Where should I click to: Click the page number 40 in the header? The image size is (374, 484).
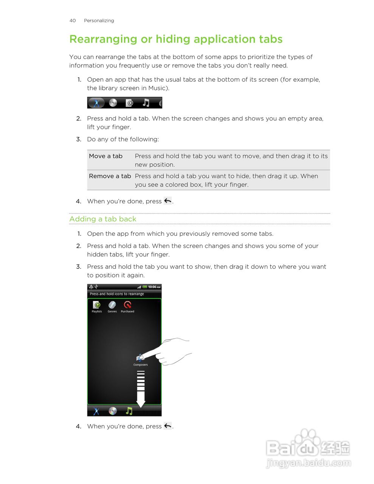[x=73, y=20]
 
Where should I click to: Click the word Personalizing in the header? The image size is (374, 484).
[x=99, y=20]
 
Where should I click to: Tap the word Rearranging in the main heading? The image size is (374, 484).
[x=103, y=39]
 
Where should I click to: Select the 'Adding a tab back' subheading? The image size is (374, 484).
[x=103, y=219]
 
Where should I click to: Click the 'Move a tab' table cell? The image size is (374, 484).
[x=106, y=156]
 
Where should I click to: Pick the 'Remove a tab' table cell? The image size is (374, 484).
[x=110, y=176]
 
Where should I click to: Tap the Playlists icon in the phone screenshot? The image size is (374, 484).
[x=97, y=305]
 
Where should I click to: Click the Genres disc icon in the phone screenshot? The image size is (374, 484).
[x=112, y=305]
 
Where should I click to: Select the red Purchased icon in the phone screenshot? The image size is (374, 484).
[x=127, y=305]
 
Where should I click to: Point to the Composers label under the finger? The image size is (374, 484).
[x=140, y=365]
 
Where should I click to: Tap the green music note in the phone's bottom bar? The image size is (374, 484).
[x=129, y=411]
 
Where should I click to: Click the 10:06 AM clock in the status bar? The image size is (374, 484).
[x=154, y=287]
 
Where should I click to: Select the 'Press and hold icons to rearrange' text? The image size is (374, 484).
[x=117, y=294]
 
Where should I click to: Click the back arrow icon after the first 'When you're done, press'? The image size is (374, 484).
[x=168, y=201]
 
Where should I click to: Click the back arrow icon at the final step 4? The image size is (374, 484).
[x=168, y=426]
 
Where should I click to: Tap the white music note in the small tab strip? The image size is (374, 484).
[x=146, y=102]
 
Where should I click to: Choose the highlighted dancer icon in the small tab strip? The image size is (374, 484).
[x=96, y=102]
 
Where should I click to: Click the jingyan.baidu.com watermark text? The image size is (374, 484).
[x=309, y=463]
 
